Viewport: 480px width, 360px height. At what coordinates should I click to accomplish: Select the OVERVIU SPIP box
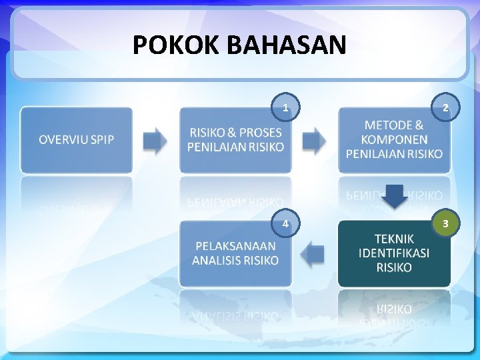(76, 140)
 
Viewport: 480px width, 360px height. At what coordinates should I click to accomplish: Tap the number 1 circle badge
(285, 107)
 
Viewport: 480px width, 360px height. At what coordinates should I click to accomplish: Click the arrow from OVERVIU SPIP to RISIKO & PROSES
(155, 140)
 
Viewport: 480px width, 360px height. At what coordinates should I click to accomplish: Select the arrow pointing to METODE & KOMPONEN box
(315, 140)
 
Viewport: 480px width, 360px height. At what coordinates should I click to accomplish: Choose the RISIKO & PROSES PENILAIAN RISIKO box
(235, 140)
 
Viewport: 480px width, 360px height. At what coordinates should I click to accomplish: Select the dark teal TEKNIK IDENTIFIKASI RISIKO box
(394, 253)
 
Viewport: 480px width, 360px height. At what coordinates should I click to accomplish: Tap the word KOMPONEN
(394, 140)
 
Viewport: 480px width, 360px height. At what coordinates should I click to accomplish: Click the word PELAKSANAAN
(235, 246)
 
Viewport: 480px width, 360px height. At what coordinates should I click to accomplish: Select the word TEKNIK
(394, 239)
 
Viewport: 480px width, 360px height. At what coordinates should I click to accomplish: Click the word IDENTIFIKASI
(394, 253)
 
